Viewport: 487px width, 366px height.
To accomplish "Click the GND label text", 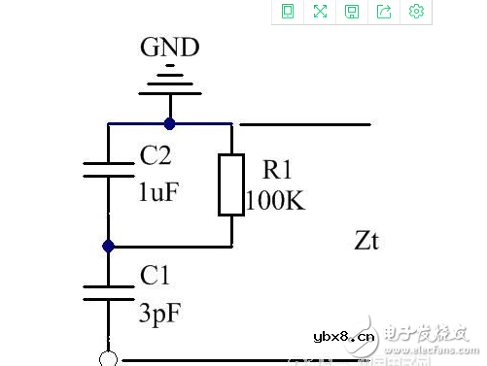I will (x=170, y=48).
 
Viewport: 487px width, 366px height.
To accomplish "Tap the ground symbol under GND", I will (x=170, y=82).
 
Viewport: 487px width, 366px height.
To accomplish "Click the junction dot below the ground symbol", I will (x=170, y=123).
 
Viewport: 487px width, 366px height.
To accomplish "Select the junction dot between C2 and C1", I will (x=109, y=246).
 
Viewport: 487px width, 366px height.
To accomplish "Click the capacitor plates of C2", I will (x=109, y=169).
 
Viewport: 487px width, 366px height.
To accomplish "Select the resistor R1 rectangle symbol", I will (x=230, y=184).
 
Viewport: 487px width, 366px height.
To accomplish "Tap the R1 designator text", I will (x=277, y=171).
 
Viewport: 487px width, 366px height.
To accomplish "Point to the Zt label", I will (x=367, y=239).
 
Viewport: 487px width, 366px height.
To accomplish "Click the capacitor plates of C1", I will (x=109, y=293).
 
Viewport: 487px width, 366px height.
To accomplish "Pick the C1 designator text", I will (x=156, y=278).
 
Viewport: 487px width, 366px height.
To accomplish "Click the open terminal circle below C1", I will (x=109, y=359).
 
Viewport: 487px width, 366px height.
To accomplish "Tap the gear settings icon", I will (x=417, y=12).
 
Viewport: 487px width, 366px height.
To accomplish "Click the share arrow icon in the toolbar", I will (x=384, y=12).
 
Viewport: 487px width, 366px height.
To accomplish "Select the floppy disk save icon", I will (x=352, y=12).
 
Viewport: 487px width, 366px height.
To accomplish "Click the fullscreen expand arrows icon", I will (x=320, y=12).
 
